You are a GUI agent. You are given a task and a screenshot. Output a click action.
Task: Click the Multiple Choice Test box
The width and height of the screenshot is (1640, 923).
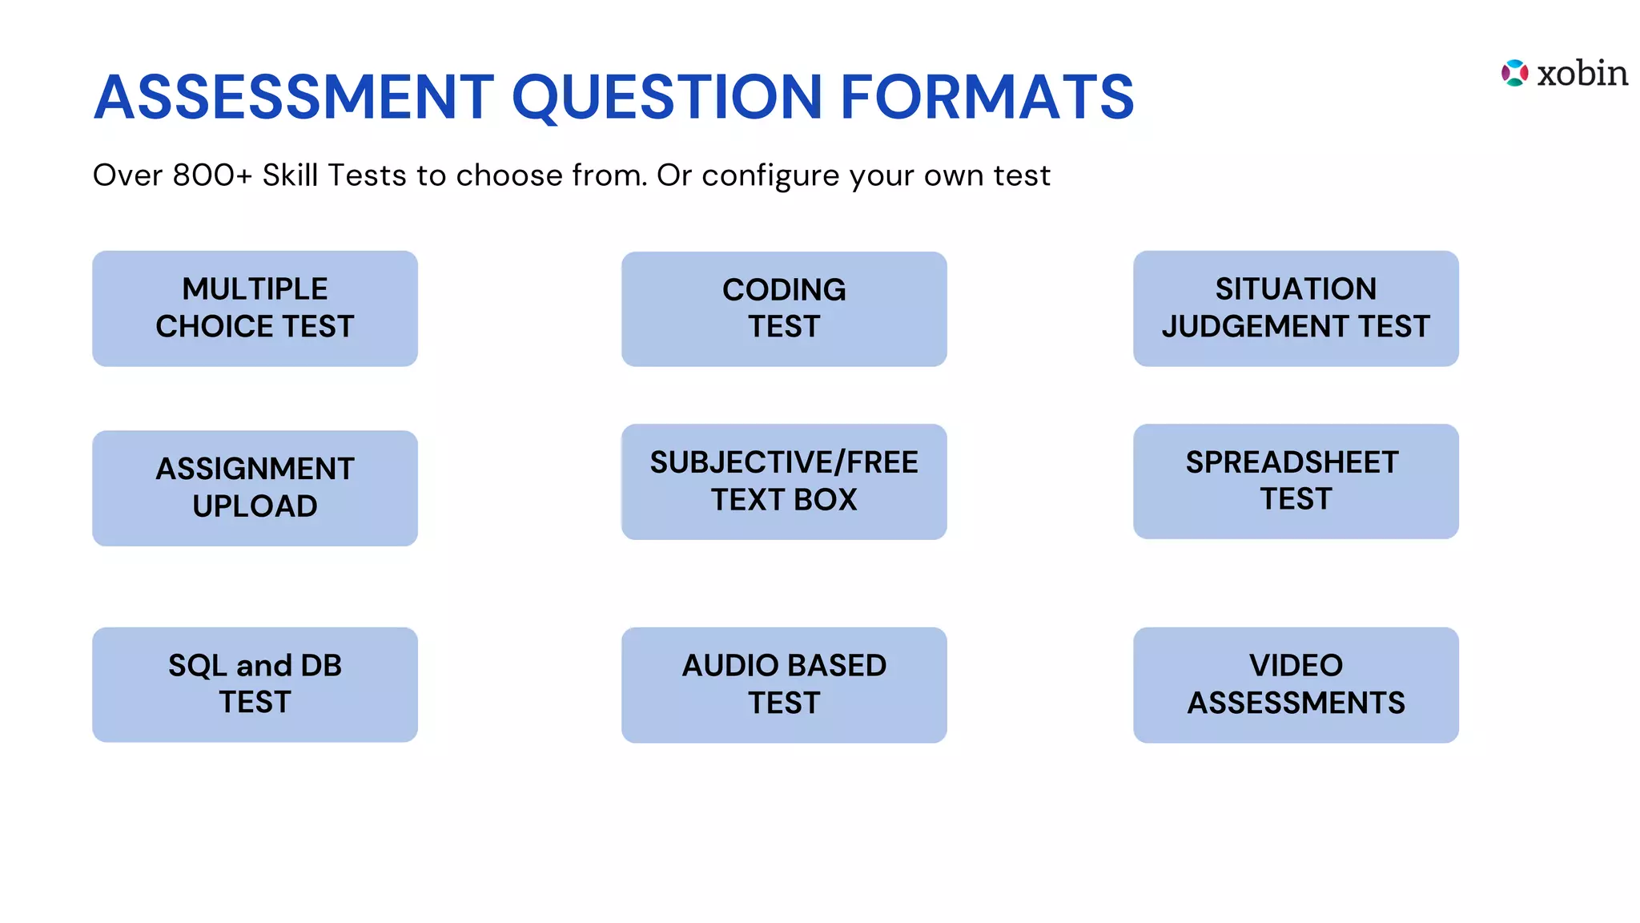coord(255,308)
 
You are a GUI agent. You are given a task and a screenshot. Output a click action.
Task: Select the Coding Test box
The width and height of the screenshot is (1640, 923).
coord(784,309)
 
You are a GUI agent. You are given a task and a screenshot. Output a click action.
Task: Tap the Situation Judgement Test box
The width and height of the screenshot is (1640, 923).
coord(1296,308)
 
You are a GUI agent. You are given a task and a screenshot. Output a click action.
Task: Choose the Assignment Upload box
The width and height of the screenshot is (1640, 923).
coord(255,488)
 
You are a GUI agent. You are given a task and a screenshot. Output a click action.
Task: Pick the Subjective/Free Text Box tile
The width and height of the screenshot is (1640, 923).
coord(784,482)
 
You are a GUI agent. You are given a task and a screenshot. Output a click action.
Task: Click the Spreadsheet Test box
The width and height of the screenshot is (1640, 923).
coord(1296,482)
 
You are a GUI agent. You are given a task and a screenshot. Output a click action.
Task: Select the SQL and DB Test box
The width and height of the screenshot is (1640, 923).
coord(255,684)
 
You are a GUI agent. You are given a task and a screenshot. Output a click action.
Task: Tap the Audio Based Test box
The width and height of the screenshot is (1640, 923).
coord(784,684)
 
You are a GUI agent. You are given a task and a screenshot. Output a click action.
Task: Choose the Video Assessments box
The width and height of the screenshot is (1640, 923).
coord(1296,684)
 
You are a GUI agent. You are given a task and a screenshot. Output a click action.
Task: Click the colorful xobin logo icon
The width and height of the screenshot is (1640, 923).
coord(1514,73)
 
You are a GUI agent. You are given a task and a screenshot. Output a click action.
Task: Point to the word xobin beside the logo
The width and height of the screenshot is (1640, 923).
coord(1582,73)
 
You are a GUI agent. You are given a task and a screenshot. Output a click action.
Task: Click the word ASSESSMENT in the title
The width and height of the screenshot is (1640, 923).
coord(294,97)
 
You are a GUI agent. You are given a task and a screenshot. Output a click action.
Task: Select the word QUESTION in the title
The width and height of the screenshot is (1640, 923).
coord(666,97)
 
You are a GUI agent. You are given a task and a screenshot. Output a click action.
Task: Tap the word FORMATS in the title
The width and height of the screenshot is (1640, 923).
coord(987,97)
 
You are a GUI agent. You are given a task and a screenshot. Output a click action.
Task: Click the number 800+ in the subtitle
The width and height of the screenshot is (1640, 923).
coord(212,175)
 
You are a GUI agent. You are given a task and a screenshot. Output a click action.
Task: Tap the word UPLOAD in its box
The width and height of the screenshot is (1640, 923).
coord(255,506)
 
